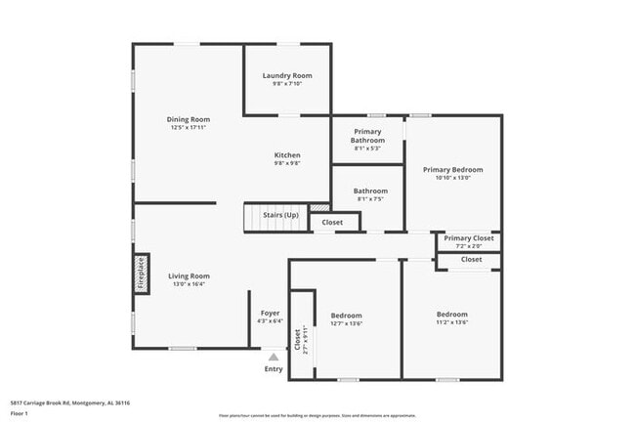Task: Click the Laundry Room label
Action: pos(287,75)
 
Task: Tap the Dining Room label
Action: pos(189,119)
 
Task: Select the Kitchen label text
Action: pos(286,155)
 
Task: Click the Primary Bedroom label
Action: pos(452,169)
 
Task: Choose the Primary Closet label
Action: pos(469,237)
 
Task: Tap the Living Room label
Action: pos(189,276)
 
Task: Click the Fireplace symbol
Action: pos(141,274)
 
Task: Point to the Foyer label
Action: pos(271,313)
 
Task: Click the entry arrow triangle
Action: pos(274,358)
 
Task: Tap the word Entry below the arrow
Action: pos(274,369)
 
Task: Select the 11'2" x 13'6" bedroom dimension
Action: pos(451,321)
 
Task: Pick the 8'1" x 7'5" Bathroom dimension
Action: pos(370,198)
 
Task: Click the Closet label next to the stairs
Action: pos(332,222)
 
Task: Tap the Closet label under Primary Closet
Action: pos(471,259)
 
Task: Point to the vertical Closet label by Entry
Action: pos(297,337)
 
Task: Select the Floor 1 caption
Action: pos(20,414)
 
